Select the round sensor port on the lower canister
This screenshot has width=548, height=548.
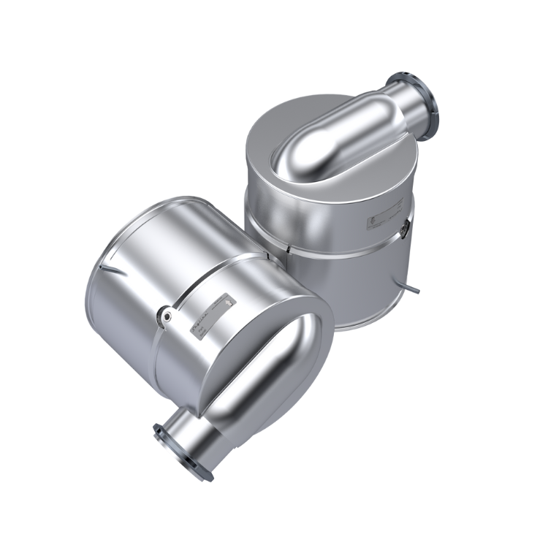[168, 316]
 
